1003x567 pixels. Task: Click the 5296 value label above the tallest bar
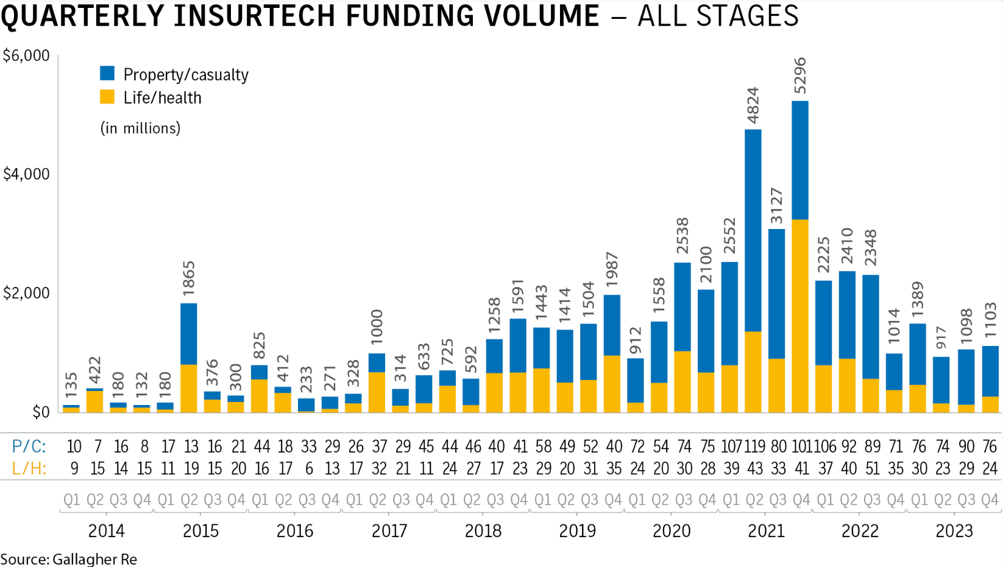click(x=800, y=76)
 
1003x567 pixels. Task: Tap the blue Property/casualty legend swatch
click(x=107, y=74)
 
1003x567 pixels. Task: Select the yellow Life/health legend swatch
click(x=107, y=97)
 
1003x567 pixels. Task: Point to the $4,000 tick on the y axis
click(x=26, y=174)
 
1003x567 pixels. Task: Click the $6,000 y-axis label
click(x=26, y=56)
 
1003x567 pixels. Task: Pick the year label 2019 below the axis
click(x=577, y=530)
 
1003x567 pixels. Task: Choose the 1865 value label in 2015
click(x=189, y=279)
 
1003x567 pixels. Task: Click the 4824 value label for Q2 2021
click(x=753, y=105)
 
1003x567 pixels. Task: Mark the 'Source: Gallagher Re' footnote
click(x=69, y=558)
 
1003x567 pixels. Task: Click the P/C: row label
click(x=29, y=446)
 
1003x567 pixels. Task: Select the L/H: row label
click(x=29, y=468)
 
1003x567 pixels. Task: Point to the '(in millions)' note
click(x=140, y=128)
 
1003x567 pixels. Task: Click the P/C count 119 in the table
click(x=754, y=446)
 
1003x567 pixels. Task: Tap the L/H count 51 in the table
click(x=872, y=468)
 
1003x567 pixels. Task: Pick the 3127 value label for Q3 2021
click(x=777, y=206)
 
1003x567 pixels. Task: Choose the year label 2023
click(x=954, y=530)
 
